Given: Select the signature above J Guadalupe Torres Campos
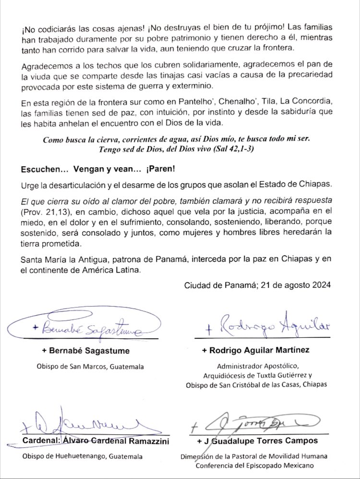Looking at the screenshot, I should click(x=254, y=423).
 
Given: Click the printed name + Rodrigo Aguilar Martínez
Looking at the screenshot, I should click(x=262, y=350).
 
